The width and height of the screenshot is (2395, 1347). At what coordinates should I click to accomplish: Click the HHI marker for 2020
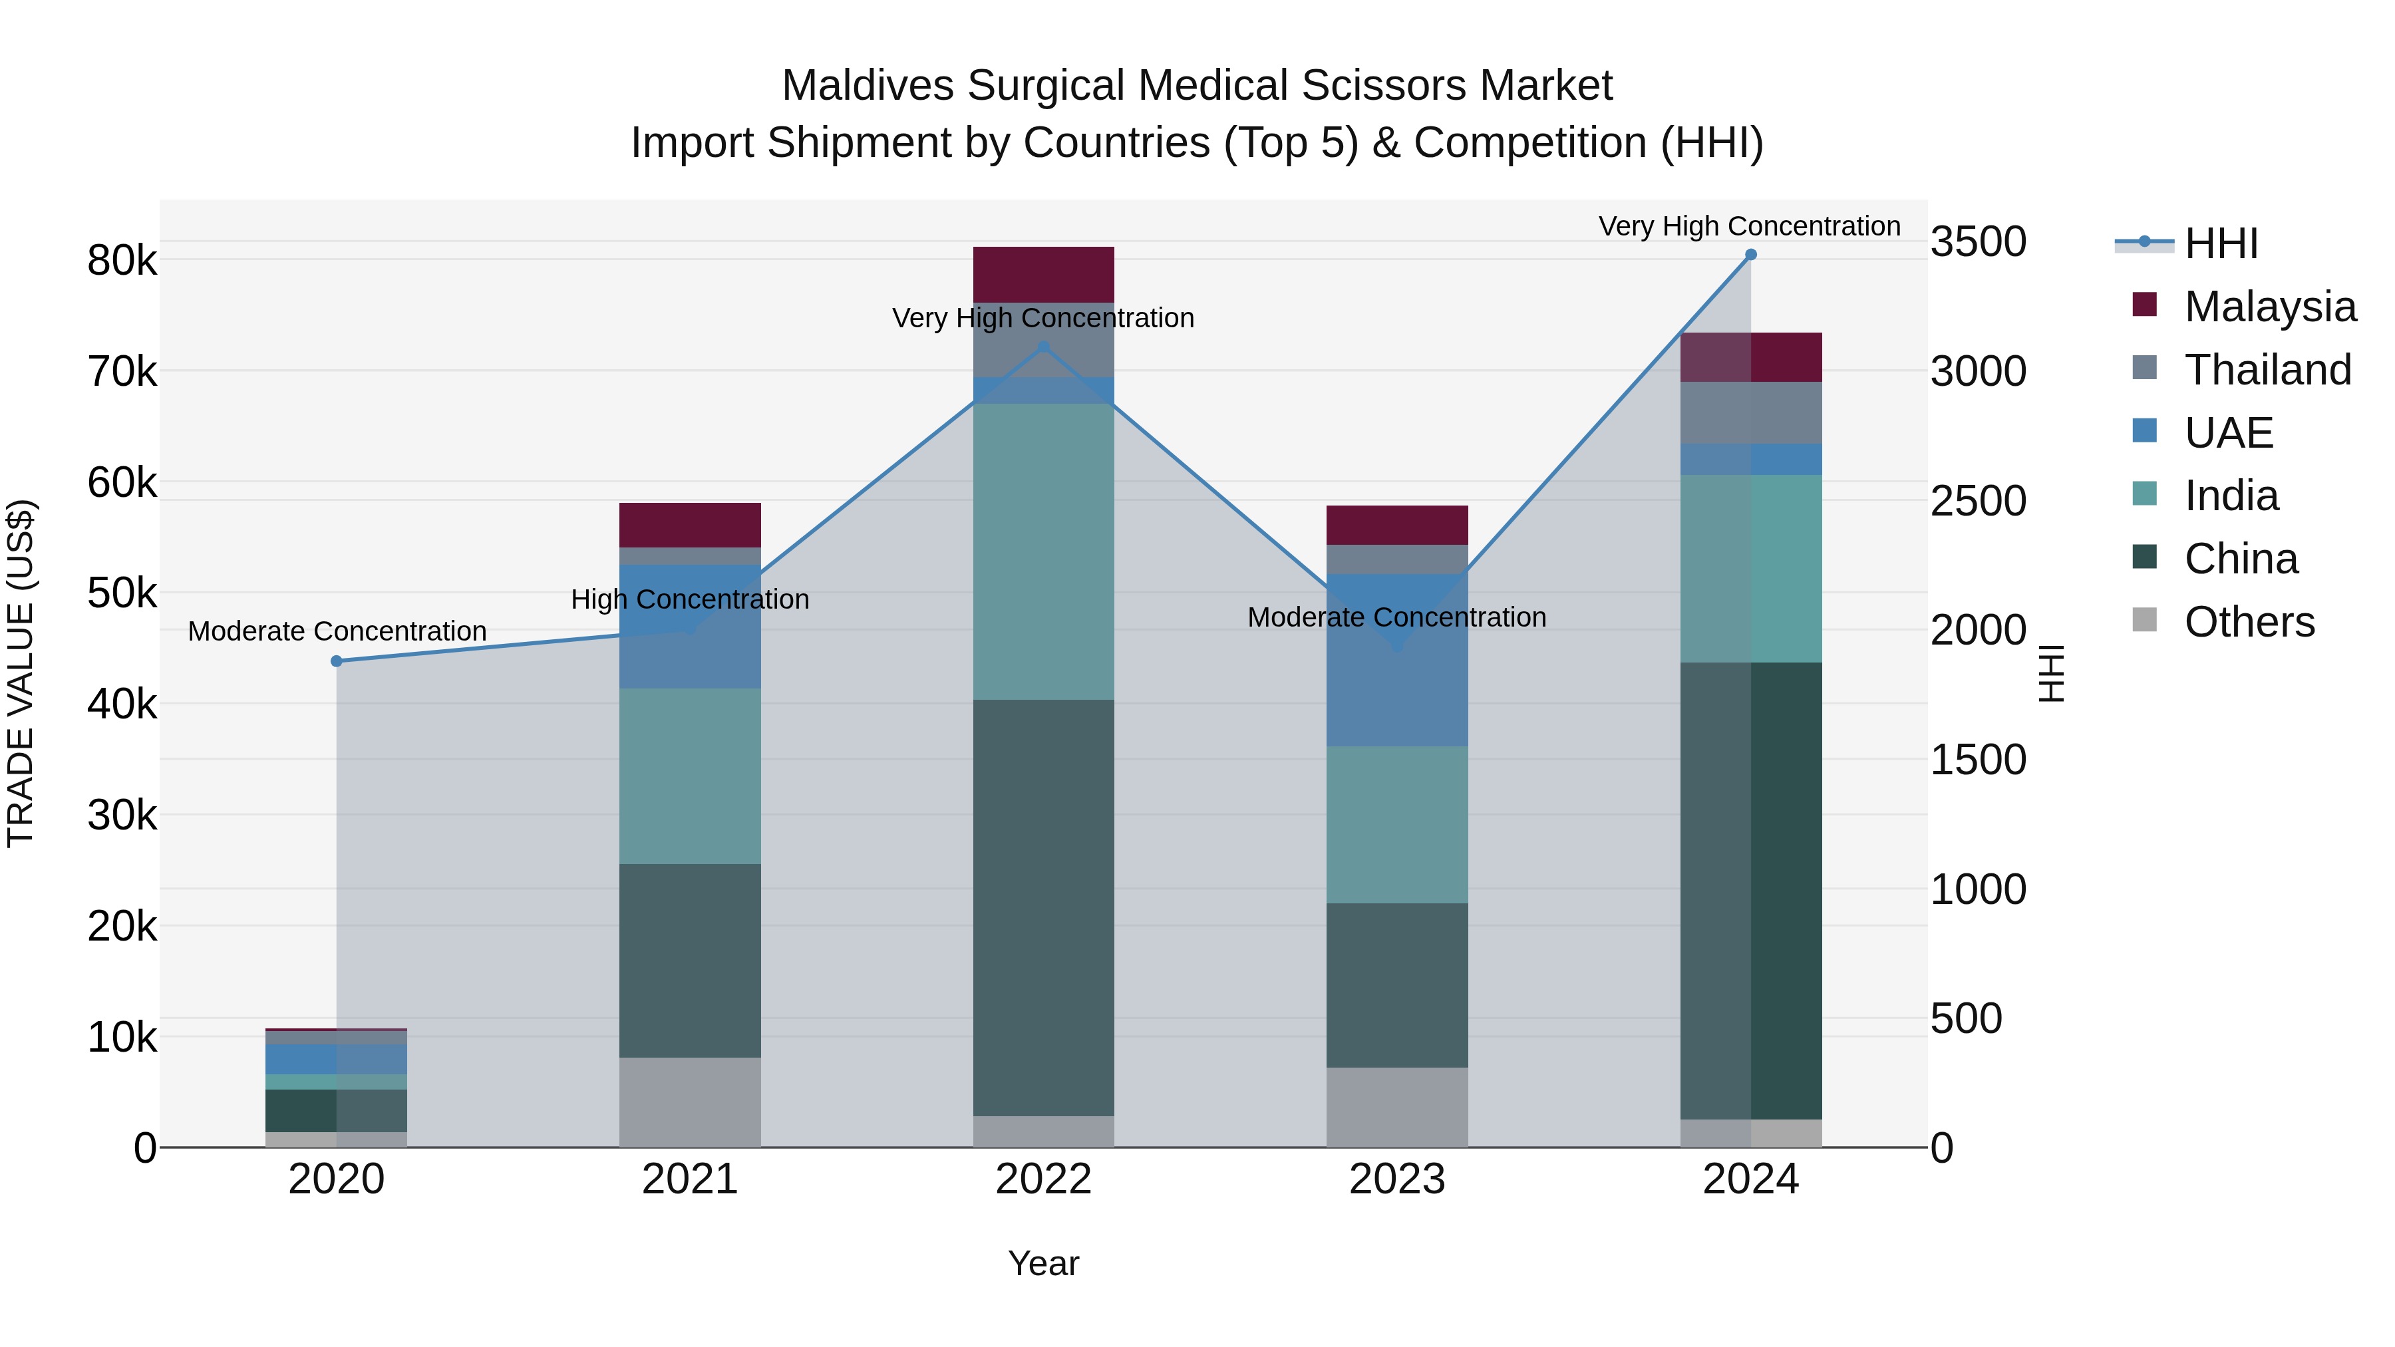337,661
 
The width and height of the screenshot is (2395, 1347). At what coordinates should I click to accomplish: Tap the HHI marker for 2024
1751,255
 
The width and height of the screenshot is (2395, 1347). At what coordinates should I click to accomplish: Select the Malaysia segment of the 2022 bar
1043,274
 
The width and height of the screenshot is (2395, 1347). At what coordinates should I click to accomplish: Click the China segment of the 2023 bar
1396,985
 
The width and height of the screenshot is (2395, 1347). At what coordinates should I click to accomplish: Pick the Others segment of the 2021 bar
690,1102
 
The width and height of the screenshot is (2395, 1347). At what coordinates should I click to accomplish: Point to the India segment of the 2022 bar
1043,551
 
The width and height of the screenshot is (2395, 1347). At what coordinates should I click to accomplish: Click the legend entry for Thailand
2267,370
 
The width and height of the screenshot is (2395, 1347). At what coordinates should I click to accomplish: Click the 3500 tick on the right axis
1979,241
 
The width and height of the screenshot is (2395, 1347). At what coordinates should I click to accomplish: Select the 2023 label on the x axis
1396,1179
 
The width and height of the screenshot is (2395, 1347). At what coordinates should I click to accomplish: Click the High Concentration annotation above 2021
690,599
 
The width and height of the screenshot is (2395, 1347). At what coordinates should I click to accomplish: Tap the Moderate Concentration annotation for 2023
1396,617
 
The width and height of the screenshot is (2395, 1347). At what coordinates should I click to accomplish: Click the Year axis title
1043,1263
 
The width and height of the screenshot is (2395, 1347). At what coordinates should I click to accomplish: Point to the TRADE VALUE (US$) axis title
21,673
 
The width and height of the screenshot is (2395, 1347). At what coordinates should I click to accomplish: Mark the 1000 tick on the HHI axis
1979,889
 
